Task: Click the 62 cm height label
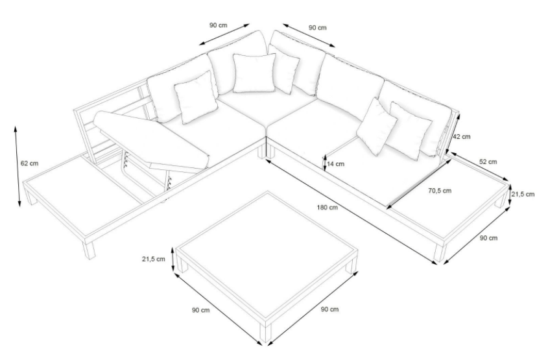pos(29,163)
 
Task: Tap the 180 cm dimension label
pos(327,207)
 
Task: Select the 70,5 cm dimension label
pos(440,191)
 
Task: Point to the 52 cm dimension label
pos(488,162)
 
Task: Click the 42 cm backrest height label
pos(462,136)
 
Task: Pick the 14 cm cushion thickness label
pos(336,163)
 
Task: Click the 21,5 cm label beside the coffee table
pos(154,259)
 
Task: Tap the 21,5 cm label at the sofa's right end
pos(523,194)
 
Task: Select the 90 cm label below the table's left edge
pos(200,310)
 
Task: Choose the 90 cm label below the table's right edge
pos(329,309)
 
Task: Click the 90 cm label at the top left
pos(218,25)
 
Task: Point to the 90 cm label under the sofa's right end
pos(488,237)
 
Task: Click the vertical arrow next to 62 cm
pos(17,167)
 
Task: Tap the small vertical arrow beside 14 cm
pos(324,162)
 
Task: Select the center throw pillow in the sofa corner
pos(254,73)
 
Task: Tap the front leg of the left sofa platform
pos(88,250)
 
